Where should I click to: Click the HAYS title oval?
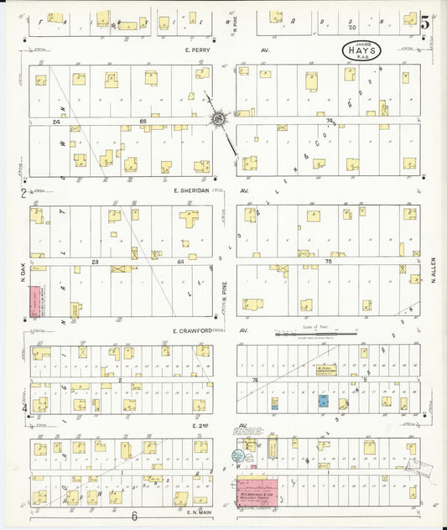(x=361, y=49)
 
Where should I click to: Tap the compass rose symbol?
(x=220, y=120)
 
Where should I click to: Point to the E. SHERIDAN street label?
(x=190, y=190)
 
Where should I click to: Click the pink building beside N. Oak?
(x=35, y=301)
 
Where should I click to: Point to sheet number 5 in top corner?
(x=426, y=23)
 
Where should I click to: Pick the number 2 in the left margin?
(x=23, y=193)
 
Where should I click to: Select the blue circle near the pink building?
(x=238, y=456)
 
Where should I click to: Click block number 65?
(x=143, y=122)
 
